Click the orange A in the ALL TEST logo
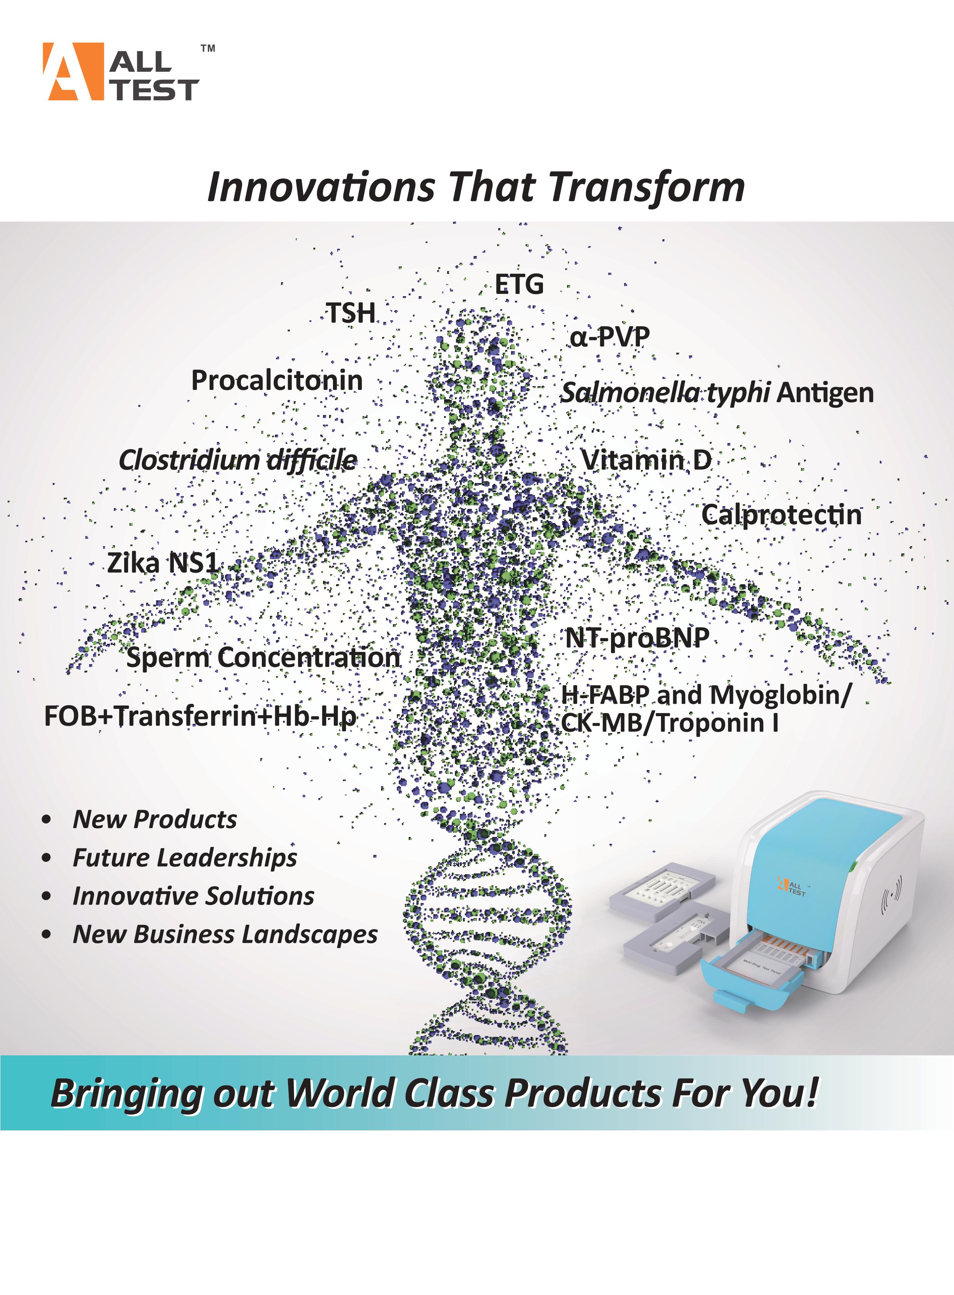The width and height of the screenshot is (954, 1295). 73,72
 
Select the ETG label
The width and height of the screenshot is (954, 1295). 519,284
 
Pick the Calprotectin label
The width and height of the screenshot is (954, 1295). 781,515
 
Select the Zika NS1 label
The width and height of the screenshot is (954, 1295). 163,563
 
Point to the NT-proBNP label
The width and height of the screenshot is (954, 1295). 637,638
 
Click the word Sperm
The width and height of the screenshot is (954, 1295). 168,658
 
